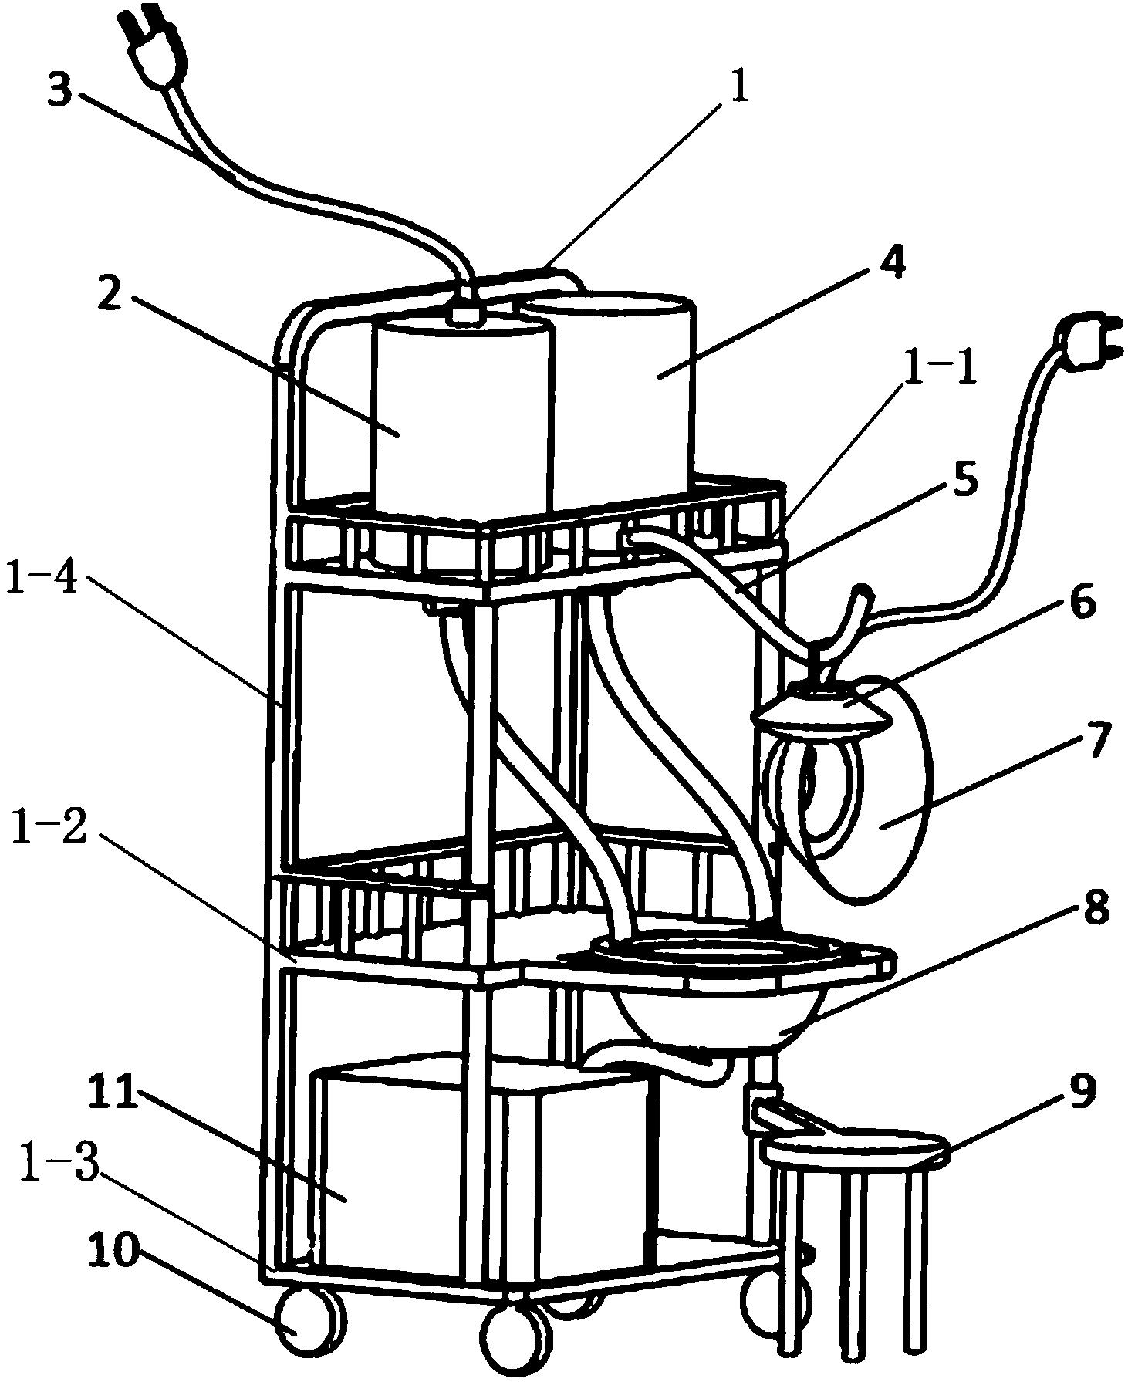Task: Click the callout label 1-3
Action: coord(59,1175)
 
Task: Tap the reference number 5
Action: coord(963,480)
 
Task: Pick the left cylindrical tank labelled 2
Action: coord(461,417)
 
